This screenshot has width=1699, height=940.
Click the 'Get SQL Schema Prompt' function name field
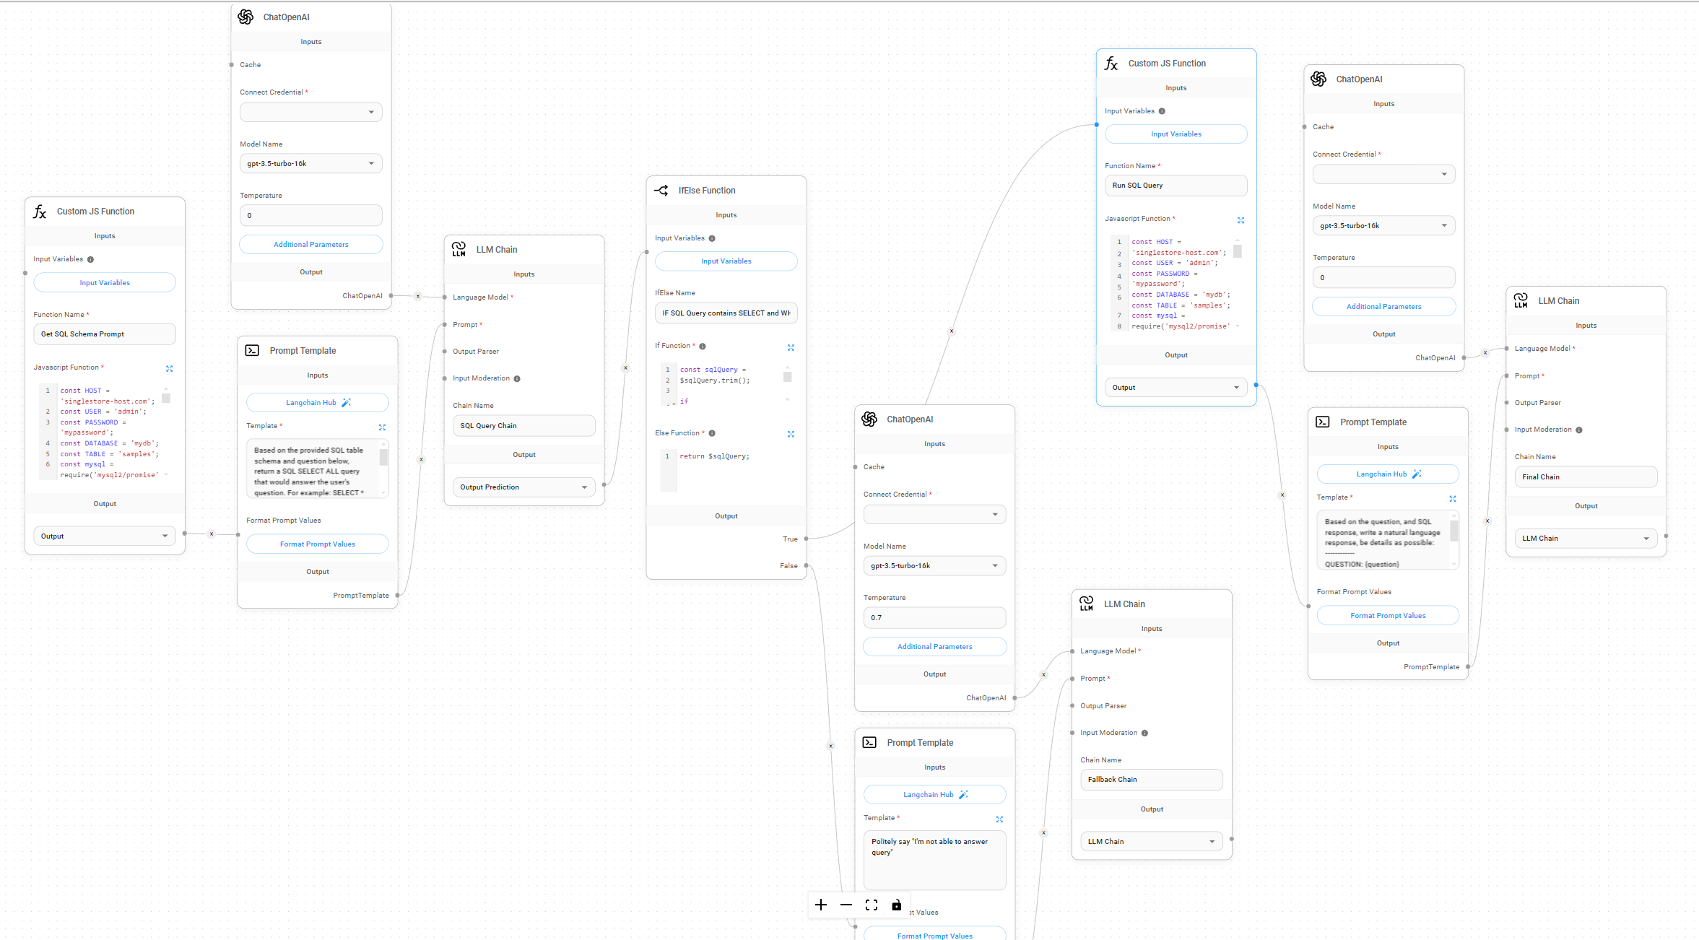(x=104, y=334)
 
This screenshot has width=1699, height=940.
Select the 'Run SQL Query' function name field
(x=1175, y=186)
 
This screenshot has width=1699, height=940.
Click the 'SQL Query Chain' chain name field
(x=523, y=426)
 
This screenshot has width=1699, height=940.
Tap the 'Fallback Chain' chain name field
(x=1150, y=780)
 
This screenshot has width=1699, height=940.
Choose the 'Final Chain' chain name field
(x=1585, y=477)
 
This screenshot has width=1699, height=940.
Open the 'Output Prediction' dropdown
(x=523, y=487)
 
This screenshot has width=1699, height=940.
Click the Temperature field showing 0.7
(x=934, y=618)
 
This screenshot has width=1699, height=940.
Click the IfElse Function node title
(x=706, y=191)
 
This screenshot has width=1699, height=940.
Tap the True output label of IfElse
(x=790, y=539)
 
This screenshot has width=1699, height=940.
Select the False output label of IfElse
(x=788, y=566)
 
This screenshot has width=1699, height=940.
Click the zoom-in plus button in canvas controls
(x=821, y=905)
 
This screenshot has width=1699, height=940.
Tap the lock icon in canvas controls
(x=896, y=905)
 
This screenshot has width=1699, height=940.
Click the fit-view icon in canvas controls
(x=872, y=905)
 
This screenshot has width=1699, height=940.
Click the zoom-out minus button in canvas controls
(x=846, y=905)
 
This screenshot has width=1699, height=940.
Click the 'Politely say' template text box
(x=934, y=859)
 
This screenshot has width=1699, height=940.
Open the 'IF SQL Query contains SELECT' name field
(x=726, y=313)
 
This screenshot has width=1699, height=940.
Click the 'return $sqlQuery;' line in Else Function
(x=714, y=456)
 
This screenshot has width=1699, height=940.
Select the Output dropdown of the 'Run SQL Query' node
(x=1175, y=388)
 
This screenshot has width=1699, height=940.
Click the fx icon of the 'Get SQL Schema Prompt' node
(x=40, y=212)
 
